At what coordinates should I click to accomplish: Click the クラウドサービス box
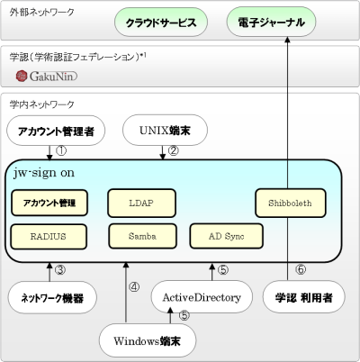(x=161, y=21)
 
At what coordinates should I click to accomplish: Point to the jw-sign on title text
(x=53, y=171)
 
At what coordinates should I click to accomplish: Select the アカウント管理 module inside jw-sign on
(x=49, y=203)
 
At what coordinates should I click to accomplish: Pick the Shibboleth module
(x=289, y=203)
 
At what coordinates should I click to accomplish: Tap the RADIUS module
(x=49, y=236)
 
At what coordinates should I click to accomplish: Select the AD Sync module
(x=226, y=236)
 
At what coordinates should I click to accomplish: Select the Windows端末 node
(x=147, y=340)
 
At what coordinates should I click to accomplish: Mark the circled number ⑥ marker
(x=300, y=268)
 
